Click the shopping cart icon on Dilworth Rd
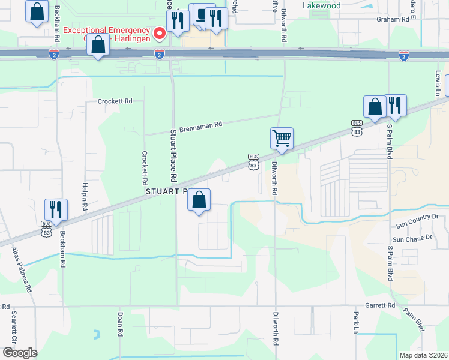pyautogui.click(x=282, y=139)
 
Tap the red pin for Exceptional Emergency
pyautogui.click(x=160, y=33)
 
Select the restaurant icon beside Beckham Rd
pyautogui.click(x=56, y=209)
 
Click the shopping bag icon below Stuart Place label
pyautogui.click(x=199, y=200)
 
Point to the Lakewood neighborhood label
pyautogui.click(x=321, y=5)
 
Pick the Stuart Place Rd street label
pyautogui.click(x=173, y=155)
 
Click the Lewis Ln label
pyautogui.click(x=438, y=83)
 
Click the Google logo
pyautogui.click(x=20, y=352)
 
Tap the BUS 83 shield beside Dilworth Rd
pyautogui.click(x=253, y=161)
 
